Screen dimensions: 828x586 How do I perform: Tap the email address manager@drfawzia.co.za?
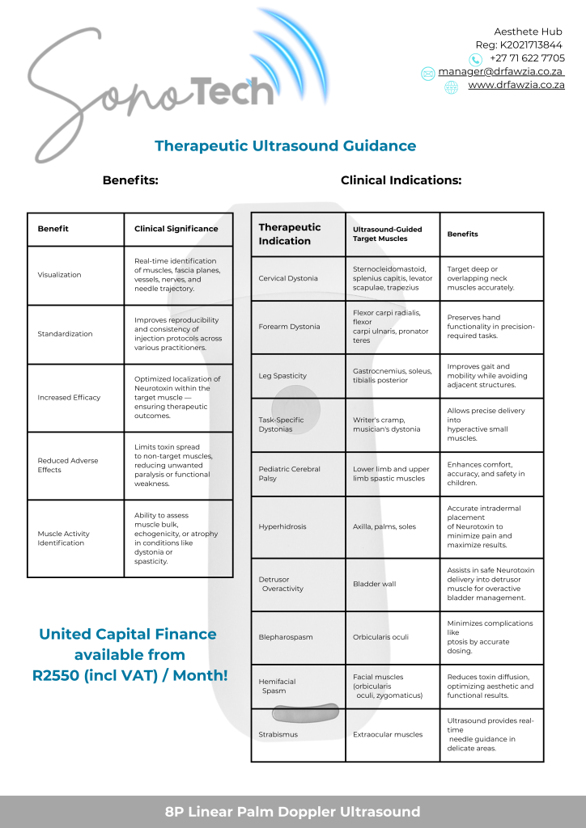point(501,72)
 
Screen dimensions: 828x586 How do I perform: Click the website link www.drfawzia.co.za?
point(516,85)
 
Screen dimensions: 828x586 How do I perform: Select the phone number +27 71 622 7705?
point(527,58)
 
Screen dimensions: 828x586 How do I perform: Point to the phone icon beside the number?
point(476,59)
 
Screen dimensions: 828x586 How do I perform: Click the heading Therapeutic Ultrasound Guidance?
point(285,146)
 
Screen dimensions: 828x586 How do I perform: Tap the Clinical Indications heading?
point(401,180)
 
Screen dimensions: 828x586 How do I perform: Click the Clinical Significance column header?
point(176,229)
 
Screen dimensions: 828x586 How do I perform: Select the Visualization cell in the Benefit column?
point(60,275)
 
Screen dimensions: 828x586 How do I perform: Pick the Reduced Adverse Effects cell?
point(67,465)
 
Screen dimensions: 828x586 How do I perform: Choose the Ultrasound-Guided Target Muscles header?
point(387,234)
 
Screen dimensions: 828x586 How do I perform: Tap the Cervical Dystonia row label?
point(288,278)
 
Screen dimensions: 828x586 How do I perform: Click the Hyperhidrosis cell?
point(282,526)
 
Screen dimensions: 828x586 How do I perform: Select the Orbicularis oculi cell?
point(380,637)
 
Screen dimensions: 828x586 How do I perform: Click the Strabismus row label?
point(278,734)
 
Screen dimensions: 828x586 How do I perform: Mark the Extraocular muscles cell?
point(388,734)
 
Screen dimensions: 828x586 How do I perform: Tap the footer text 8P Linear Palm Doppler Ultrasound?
point(293,812)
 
